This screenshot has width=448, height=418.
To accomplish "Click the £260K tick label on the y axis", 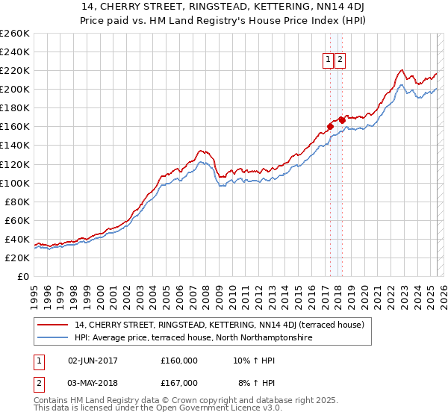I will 15,34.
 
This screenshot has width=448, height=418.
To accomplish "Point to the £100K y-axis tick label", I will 15,183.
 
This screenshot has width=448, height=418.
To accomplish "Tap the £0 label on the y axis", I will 23,276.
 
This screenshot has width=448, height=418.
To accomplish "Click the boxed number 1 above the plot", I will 328,60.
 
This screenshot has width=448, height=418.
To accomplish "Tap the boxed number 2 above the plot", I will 340,60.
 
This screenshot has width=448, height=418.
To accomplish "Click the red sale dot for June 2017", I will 329,126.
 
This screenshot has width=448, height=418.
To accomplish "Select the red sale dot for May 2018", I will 341,119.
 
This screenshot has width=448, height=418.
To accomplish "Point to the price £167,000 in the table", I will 179,383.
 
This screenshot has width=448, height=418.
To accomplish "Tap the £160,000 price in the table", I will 179,361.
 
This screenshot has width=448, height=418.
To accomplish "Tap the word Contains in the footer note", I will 52,400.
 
